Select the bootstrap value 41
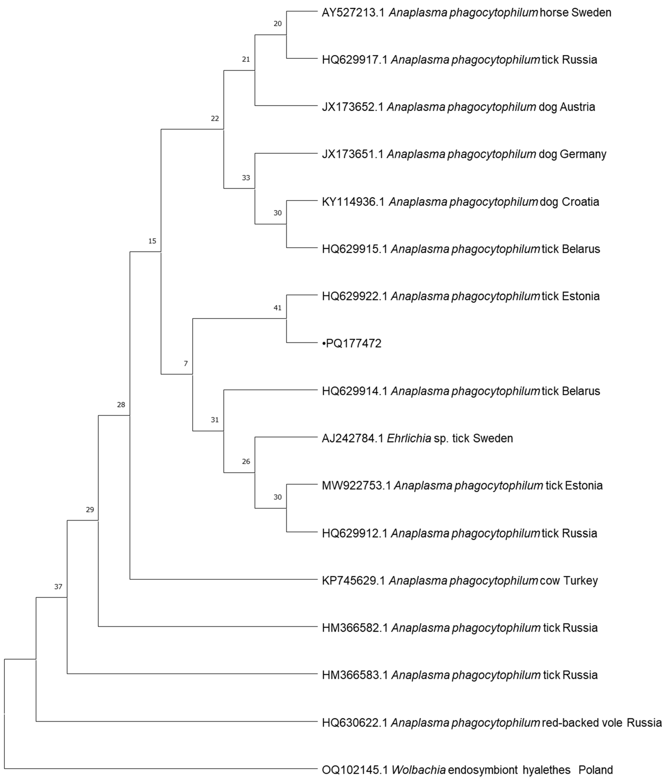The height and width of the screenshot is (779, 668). pos(277,308)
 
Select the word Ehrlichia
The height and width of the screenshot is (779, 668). pos(409,438)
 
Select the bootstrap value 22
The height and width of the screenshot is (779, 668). pos(215,119)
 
